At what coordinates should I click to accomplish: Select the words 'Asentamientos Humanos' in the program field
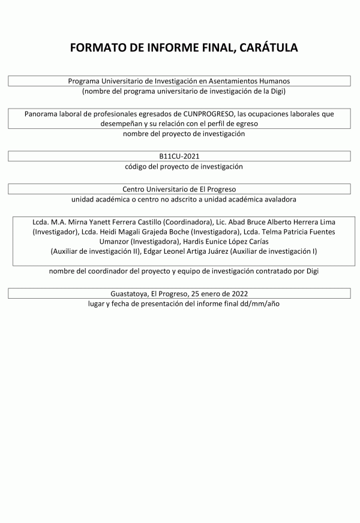258,81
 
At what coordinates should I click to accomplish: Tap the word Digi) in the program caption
275,91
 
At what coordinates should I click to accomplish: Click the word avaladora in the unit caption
280,199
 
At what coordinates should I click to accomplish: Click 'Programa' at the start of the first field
84,81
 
